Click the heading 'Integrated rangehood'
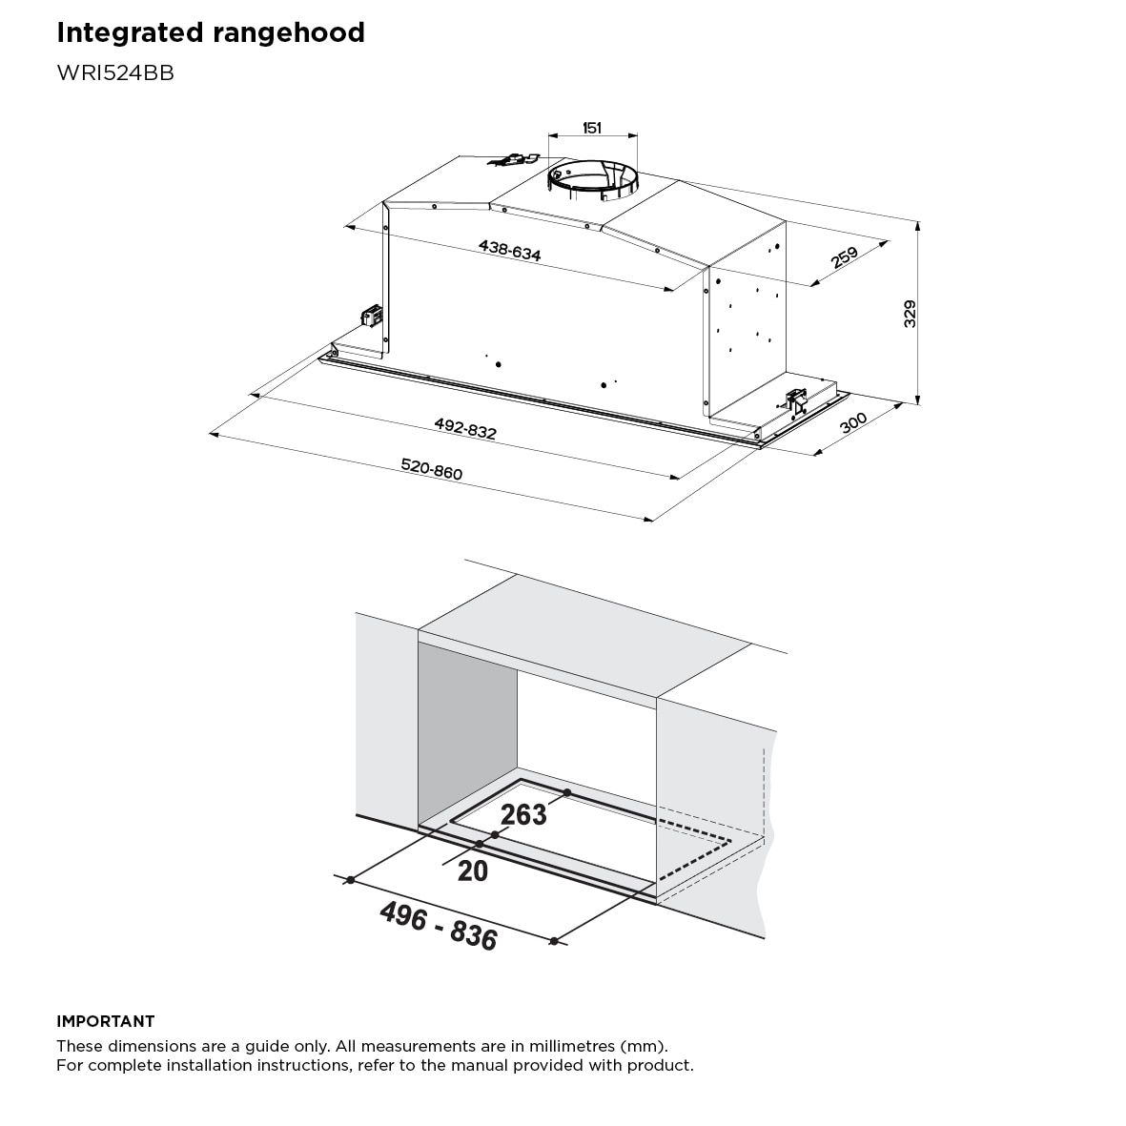(x=211, y=32)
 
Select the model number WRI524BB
(x=115, y=73)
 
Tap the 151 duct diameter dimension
(x=592, y=128)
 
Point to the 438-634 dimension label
(x=509, y=251)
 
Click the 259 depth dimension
(x=845, y=257)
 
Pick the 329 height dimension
(x=910, y=314)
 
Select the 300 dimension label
(x=854, y=422)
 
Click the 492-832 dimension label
(x=465, y=429)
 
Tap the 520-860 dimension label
(x=431, y=469)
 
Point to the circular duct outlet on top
(x=593, y=180)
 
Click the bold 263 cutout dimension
(x=523, y=814)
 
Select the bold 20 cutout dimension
(x=473, y=870)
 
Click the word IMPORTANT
(x=105, y=1021)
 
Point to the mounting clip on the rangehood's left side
(x=371, y=316)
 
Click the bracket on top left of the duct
(x=514, y=161)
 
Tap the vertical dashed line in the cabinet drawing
(x=764, y=791)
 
